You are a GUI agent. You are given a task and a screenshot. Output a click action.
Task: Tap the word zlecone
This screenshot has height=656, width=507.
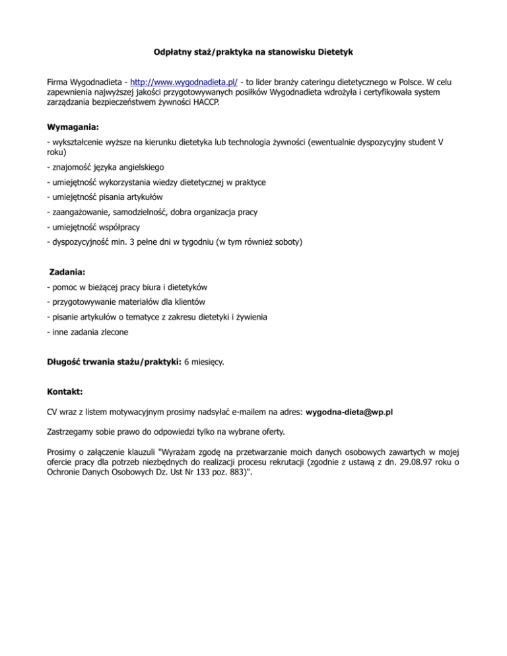112,332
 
